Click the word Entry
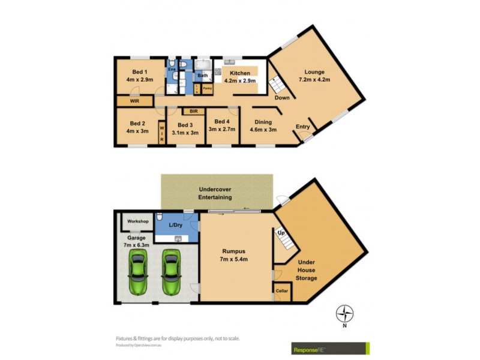pyautogui.click(x=302, y=127)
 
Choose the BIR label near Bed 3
pyautogui.click(x=193, y=111)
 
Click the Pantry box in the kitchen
pyautogui.click(x=206, y=88)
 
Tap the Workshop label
pyautogui.click(x=137, y=221)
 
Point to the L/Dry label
pyautogui.click(x=176, y=225)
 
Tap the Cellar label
pyautogui.click(x=282, y=291)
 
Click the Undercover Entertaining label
pyautogui.click(x=215, y=193)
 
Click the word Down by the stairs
pyautogui.click(x=282, y=97)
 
